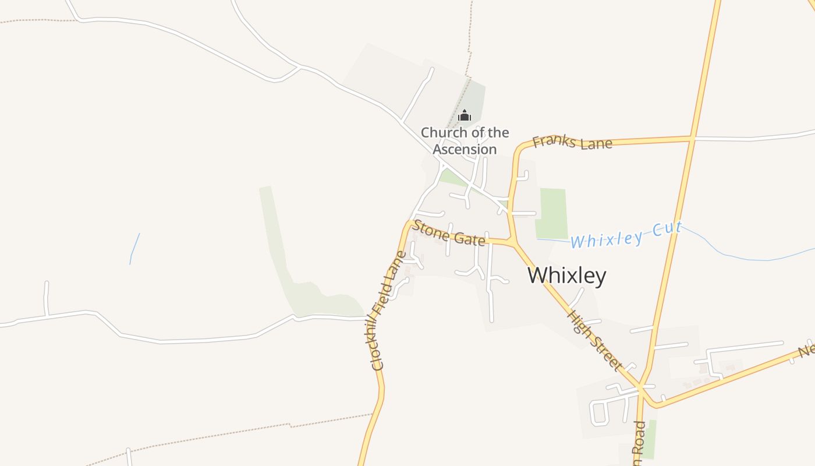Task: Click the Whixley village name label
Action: [x=566, y=276]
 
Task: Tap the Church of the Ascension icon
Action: [x=464, y=115]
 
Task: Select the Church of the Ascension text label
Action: [x=465, y=141]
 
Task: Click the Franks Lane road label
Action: [x=572, y=142]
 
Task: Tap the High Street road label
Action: [x=594, y=340]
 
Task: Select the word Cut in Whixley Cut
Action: [x=667, y=228]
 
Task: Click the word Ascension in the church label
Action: [x=465, y=149]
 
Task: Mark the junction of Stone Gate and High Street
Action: [x=512, y=242]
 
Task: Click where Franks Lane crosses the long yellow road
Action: [x=692, y=139]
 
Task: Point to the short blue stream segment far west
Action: [x=134, y=249]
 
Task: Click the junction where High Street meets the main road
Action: [x=640, y=387]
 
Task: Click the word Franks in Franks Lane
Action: [x=554, y=141]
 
